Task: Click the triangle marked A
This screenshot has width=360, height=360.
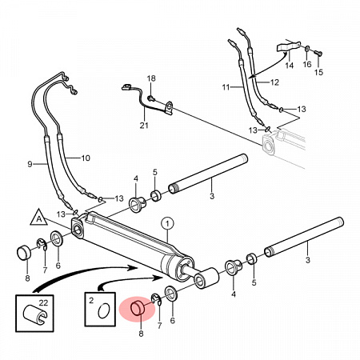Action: (x=39, y=218)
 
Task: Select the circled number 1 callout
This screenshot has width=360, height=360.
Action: (x=167, y=224)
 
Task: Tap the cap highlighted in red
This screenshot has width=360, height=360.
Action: (x=138, y=308)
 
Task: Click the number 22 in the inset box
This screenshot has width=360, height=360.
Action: (x=43, y=302)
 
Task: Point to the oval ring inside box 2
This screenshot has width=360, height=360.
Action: (x=103, y=310)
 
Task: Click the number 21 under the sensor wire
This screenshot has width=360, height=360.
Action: (x=144, y=125)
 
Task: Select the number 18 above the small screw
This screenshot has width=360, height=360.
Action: (x=151, y=78)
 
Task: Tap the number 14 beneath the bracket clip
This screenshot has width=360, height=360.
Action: (x=290, y=66)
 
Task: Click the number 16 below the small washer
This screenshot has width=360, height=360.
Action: (x=307, y=64)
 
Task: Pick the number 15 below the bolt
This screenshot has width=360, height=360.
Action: (x=318, y=72)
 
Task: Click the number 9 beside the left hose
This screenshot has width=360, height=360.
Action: (x=30, y=164)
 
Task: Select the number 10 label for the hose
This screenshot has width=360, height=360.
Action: (x=86, y=158)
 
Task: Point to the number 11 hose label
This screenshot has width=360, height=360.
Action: (x=226, y=87)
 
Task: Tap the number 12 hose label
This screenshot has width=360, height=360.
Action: (x=274, y=82)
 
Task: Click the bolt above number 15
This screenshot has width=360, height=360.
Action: (x=318, y=53)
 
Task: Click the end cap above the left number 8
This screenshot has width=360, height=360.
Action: (x=24, y=253)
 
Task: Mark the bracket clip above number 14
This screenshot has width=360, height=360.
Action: (x=287, y=46)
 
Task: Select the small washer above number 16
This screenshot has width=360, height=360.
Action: (x=307, y=49)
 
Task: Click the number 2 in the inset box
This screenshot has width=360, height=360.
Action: (x=91, y=301)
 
